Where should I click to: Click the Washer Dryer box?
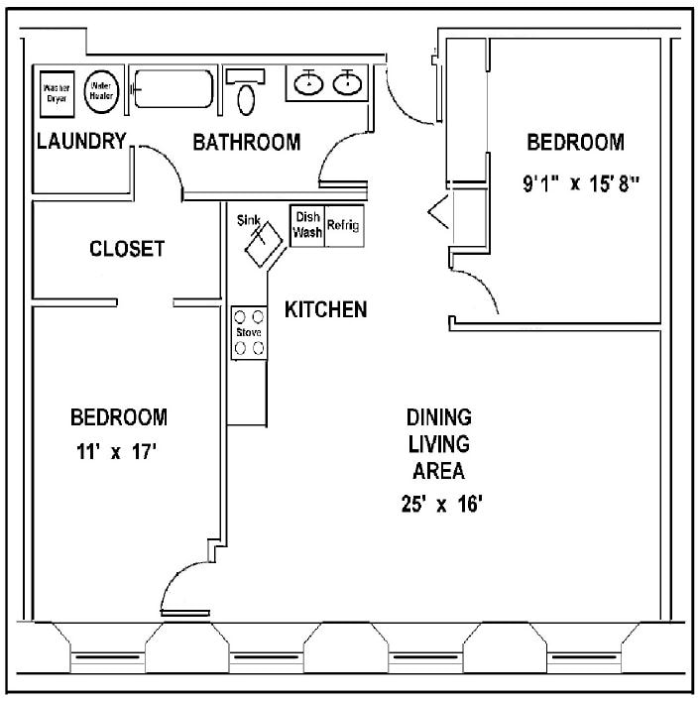57,92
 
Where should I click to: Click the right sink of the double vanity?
347,83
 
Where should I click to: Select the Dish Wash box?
306,225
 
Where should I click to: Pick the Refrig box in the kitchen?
343,225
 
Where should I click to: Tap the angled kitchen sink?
262,243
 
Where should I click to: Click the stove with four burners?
249,332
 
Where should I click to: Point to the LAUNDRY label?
81,141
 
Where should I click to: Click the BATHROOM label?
246,143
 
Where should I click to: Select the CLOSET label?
127,249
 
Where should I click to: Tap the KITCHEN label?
325,309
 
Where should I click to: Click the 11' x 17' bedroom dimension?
118,452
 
